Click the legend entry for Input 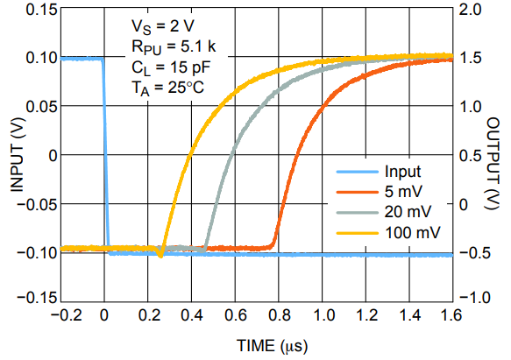click(x=401, y=172)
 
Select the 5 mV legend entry click(x=401, y=192)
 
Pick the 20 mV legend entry click(x=404, y=212)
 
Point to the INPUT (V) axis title click(x=15, y=154)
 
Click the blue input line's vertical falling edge click(x=105, y=158)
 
